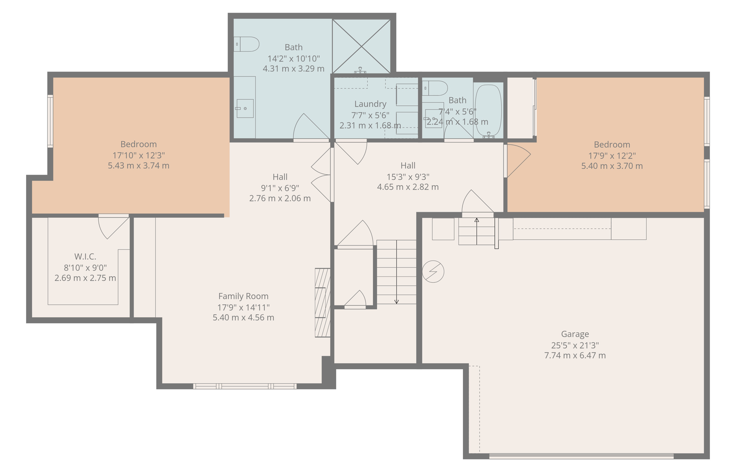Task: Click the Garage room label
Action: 575,334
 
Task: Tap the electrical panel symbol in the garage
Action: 433,272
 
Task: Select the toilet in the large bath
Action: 247,44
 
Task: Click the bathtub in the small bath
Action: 488,110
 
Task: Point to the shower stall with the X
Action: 361,46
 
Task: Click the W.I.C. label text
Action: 85,256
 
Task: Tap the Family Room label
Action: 243,296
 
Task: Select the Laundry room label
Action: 370,104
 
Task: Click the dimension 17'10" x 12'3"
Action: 138,155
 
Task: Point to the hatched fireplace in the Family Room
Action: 322,302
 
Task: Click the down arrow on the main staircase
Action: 396,301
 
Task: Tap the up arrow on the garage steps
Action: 477,221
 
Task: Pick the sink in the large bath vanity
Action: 245,108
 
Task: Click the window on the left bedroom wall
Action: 50,121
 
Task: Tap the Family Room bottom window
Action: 245,386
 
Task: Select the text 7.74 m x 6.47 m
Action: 575,356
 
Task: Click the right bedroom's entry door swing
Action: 517,160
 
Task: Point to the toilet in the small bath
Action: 435,88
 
